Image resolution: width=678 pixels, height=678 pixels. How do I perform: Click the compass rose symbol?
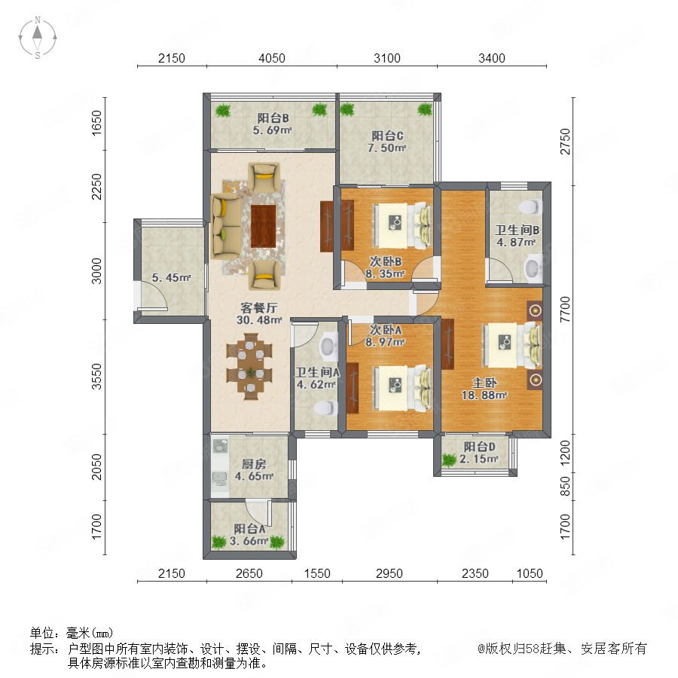click(38, 38)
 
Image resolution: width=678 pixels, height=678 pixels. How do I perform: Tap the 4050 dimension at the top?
click(271, 58)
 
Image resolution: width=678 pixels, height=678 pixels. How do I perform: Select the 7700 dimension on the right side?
click(565, 309)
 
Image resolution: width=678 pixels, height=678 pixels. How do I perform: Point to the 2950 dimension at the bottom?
click(389, 573)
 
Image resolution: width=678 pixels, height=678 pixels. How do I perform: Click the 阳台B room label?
click(273, 118)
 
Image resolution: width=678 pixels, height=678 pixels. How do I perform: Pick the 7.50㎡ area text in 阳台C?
click(386, 148)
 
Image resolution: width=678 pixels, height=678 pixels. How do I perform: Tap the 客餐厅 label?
click(258, 308)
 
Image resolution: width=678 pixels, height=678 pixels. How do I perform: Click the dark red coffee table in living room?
click(264, 226)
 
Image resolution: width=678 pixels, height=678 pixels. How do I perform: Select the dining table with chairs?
click(249, 366)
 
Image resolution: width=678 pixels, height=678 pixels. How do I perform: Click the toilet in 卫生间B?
click(530, 206)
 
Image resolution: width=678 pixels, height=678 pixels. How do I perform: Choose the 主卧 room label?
click(484, 383)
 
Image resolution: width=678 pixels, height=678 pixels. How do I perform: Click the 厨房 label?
click(254, 464)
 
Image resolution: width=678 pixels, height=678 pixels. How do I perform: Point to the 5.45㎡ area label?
click(171, 277)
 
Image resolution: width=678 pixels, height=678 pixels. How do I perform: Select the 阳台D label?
click(480, 447)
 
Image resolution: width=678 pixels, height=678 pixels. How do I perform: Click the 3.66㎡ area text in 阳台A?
click(249, 541)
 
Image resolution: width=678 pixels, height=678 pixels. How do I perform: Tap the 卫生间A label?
click(317, 372)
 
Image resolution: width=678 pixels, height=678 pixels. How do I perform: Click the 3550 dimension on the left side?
click(96, 377)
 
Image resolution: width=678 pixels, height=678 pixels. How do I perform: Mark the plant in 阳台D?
click(449, 460)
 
